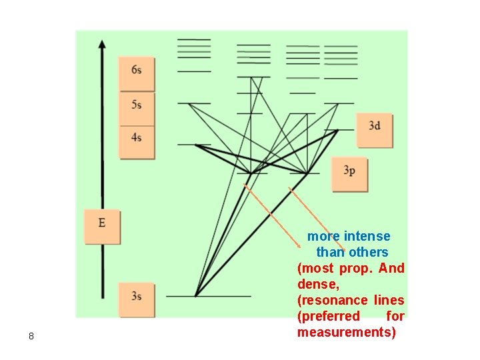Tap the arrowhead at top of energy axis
pos(102,44)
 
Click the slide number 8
pos(31,336)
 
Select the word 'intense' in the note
pos(367,237)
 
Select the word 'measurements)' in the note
pos(347,333)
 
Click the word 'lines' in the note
pos(389,301)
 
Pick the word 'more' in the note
pos(323,237)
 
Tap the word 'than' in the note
pos(330,253)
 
